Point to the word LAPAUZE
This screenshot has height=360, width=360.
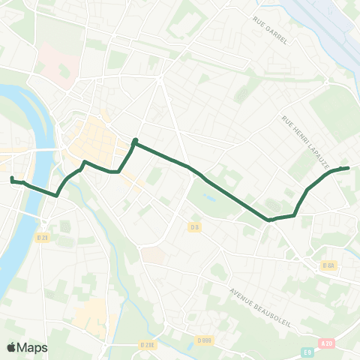coord(313,151)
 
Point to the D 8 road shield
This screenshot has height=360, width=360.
coord(195,227)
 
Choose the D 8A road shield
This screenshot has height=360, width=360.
coord(328,265)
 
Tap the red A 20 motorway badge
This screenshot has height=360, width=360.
coord(325,343)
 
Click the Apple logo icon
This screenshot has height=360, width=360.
coord(11,347)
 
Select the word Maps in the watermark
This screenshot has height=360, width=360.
coord(33,347)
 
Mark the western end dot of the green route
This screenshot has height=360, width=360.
coord(11,178)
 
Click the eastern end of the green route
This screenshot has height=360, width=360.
coord(348,168)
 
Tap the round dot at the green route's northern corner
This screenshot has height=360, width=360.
coord(135,141)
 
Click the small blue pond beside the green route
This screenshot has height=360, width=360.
coord(208,199)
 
